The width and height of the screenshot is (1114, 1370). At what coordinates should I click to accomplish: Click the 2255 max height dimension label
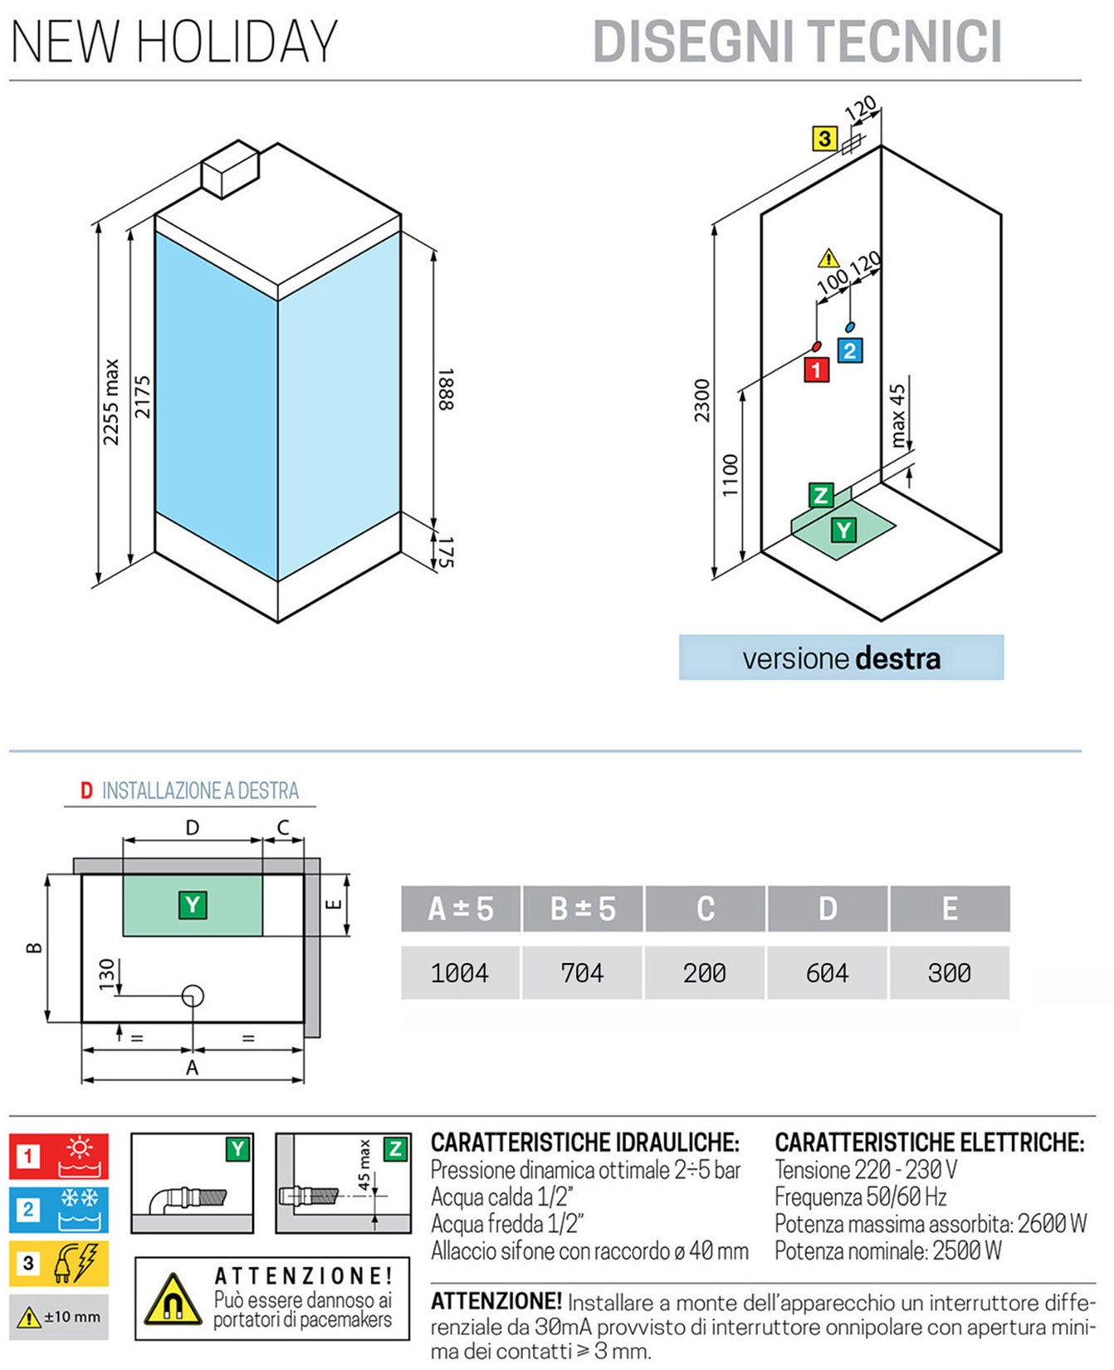111,402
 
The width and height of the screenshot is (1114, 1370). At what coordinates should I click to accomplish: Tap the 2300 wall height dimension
702,399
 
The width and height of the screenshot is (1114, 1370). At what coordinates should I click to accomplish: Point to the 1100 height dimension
730,475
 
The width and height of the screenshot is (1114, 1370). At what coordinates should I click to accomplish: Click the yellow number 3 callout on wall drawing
824,138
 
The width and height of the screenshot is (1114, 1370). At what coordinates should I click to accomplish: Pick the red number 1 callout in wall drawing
816,369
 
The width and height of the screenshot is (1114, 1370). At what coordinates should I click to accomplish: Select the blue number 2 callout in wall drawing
849,350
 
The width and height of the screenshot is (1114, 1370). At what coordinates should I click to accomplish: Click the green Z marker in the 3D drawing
820,496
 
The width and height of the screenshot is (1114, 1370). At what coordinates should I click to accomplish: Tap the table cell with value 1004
460,972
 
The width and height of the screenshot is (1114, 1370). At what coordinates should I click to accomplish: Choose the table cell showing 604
828,972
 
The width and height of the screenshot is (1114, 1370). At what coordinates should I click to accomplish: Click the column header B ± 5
583,908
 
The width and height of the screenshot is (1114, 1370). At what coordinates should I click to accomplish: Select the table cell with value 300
949,972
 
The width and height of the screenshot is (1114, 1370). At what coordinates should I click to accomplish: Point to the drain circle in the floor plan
193,995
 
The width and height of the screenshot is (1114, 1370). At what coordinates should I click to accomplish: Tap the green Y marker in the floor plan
193,904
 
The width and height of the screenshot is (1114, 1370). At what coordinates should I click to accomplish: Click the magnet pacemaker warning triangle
173,1299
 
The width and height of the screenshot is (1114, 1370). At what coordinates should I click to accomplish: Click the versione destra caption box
841,658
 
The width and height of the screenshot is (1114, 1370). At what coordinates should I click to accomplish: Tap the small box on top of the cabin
231,169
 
